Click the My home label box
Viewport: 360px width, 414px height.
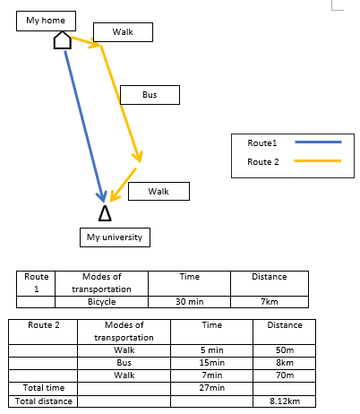(46, 21)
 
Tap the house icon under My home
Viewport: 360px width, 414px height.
(63, 40)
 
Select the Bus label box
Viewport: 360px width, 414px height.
(150, 95)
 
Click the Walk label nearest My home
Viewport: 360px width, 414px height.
(123, 32)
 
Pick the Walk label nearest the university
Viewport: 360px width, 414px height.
(159, 191)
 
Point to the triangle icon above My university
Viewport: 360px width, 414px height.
(105, 213)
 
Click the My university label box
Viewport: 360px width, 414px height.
(115, 237)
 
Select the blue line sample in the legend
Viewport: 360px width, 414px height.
(318, 142)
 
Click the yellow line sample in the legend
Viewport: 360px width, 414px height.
(318, 161)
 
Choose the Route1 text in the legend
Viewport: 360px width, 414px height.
(262, 143)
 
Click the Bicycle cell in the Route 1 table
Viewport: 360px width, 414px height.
(101, 302)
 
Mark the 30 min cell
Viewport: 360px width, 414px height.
(189, 302)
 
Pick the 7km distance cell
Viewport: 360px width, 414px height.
(270, 302)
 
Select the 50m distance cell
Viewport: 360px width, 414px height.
(285, 350)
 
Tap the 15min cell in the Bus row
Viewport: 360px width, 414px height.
(211, 363)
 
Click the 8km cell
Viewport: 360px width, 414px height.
(285, 363)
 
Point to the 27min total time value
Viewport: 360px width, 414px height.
(211, 388)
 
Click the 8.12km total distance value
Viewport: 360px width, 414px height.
(285, 401)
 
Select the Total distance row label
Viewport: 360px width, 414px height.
(44, 401)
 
